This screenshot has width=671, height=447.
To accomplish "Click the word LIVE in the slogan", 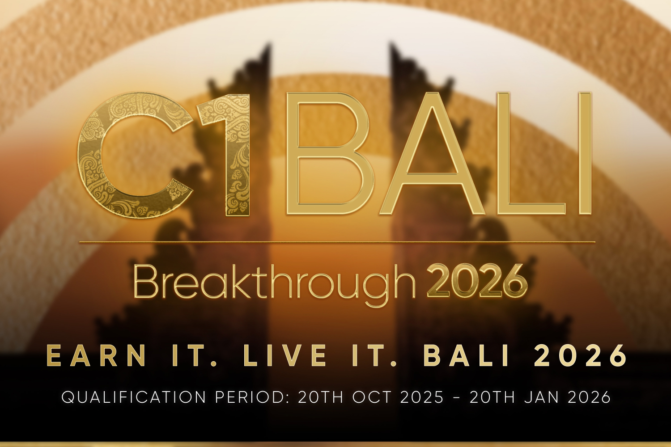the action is point(285,356).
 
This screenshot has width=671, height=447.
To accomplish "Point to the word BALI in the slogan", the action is point(466,356).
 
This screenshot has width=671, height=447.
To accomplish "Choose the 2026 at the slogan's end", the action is point(580,356).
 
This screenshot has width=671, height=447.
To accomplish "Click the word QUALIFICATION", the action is point(134,397).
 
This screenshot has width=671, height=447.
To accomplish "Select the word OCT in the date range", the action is point(372,397).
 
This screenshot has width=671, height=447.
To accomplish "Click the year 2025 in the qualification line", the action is point(422,397).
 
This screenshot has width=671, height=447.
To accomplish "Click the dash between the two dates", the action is point(457,397).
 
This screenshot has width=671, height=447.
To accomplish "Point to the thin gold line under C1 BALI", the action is point(337,241).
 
